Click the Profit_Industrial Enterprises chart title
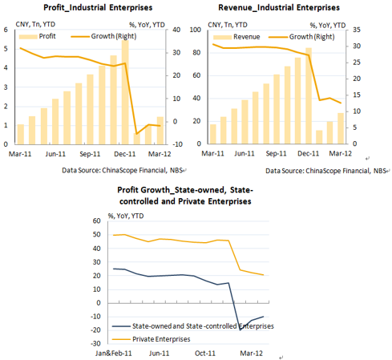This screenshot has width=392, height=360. [98, 7]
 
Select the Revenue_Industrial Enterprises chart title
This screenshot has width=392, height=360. [279, 7]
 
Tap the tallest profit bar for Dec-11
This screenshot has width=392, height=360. [125, 92]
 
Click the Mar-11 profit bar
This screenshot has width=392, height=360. [21, 135]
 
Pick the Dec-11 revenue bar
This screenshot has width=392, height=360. [309, 96]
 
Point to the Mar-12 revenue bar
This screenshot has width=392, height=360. [341, 128]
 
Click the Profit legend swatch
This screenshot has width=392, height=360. [28, 37]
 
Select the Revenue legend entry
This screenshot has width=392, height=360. [236, 37]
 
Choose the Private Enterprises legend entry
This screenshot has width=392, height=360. [151, 339]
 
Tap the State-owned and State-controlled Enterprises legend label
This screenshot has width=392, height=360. [203, 326]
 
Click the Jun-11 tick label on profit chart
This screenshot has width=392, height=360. [55, 154]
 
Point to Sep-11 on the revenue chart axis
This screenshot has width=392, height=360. [276, 154]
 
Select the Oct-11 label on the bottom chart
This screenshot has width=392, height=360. [205, 354]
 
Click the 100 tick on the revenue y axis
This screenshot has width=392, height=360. [196, 30]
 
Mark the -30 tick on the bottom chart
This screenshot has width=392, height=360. [95, 343]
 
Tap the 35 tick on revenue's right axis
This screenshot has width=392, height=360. [357, 30]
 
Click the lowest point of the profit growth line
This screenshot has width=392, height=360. [136, 134]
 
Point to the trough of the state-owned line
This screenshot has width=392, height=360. [240, 330]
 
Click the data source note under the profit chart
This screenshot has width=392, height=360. [122, 170]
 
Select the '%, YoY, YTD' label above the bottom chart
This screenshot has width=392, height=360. [126, 216]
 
